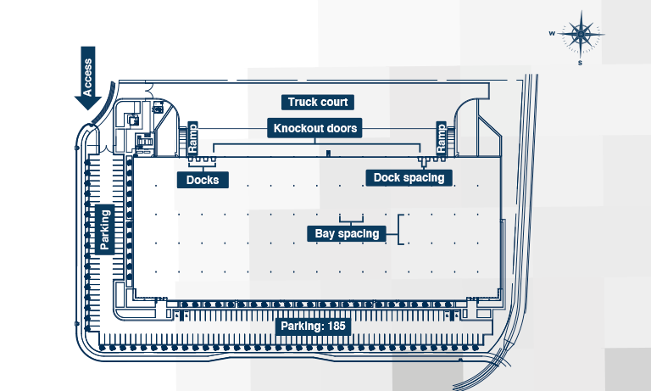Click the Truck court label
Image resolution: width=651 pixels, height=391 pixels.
tap(316, 103)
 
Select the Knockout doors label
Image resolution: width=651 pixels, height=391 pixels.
tap(315, 129)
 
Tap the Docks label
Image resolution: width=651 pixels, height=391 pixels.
tap(203, 179)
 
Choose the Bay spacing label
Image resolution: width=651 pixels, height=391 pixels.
tap(346, 233)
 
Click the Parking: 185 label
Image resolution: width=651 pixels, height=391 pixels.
tap(314, 326)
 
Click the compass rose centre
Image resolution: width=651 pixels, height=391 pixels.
tap(581, 35)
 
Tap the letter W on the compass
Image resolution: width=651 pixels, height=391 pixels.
tap(552, 34)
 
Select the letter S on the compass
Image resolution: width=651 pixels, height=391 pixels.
tap(581, 63)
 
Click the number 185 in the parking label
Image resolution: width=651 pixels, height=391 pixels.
tap(337, 326)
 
